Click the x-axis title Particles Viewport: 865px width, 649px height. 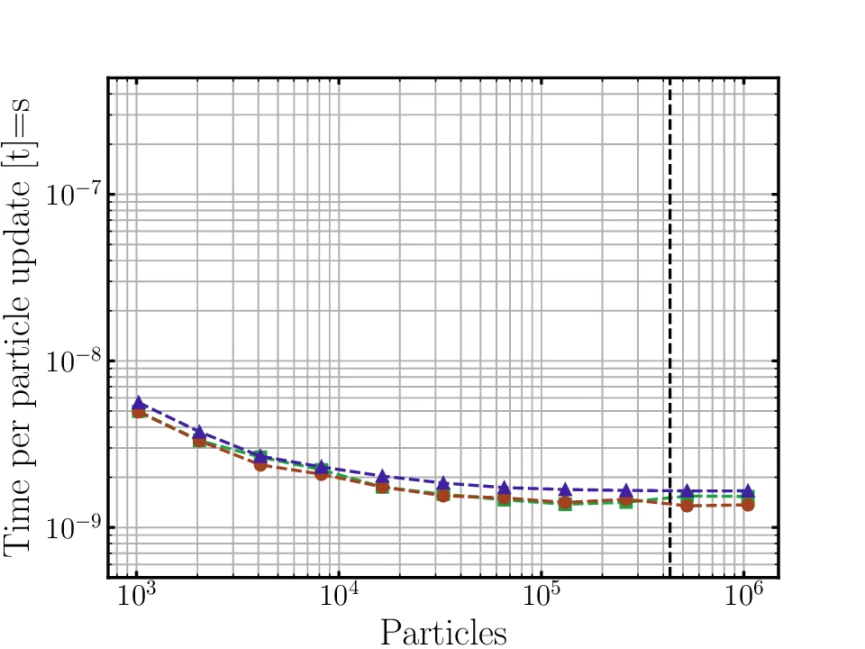pos(442,633)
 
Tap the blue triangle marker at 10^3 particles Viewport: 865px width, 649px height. pos(139,403)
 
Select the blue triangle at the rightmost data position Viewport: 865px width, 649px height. pos(747,491)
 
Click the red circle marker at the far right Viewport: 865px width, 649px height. pos(747,505)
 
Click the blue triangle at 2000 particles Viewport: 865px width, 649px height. pos(199,433)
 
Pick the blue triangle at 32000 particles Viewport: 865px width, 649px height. pos(443,484)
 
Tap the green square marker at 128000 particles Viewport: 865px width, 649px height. pos(565,504)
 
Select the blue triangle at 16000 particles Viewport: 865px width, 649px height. pos(382,476)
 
